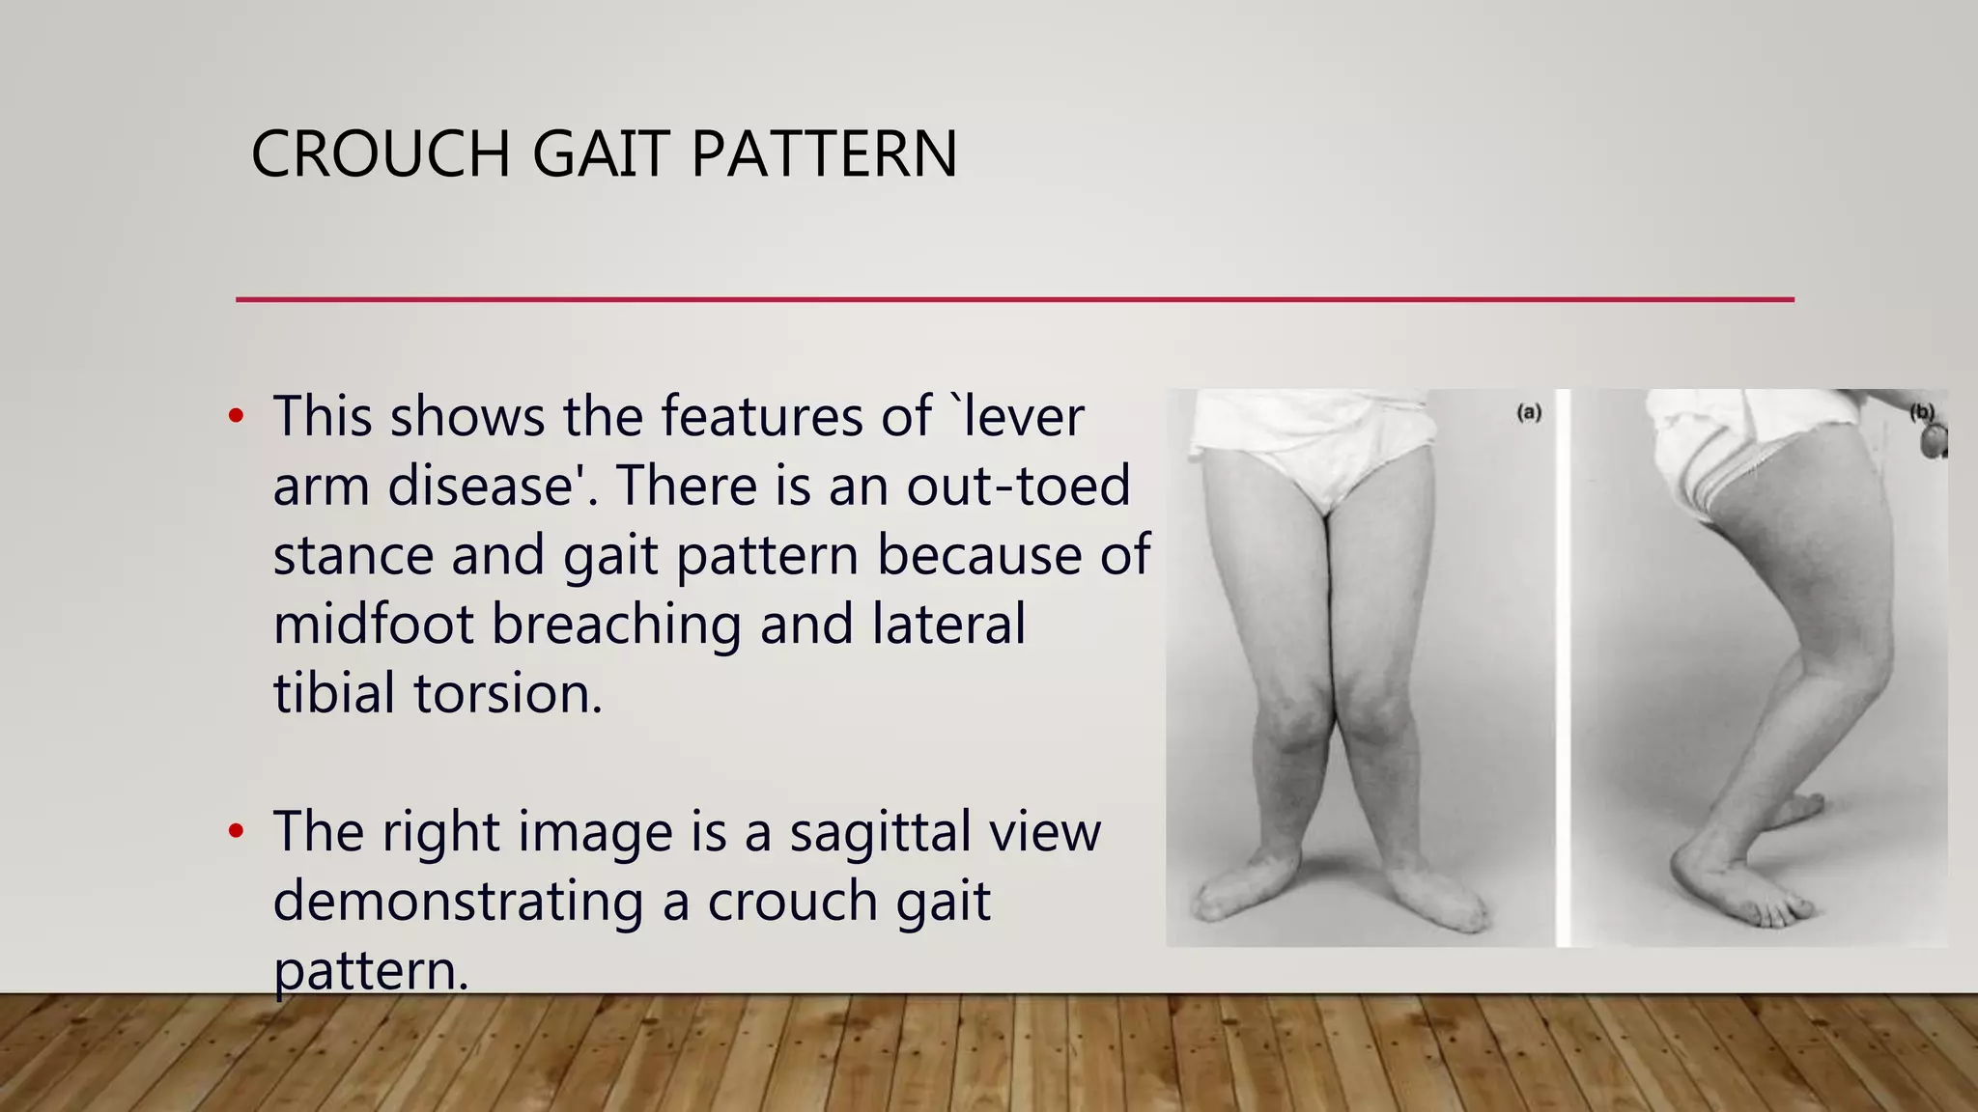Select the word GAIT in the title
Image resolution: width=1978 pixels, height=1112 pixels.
(x=600, y=154)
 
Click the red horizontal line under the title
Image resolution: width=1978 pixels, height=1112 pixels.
(x=1014, y=299)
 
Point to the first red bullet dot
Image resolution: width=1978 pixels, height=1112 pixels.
(x=236, y=417)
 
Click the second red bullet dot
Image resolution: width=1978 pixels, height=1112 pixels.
(x=236, y=832)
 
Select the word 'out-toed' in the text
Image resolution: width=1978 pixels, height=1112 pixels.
(x=1018, y=485)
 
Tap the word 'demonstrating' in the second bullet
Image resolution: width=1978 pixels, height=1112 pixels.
(x=458, y=902)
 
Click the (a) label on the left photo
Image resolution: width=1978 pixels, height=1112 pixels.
(x=1529, y=413)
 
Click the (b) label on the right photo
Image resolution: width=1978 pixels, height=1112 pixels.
(x=1921, y=413)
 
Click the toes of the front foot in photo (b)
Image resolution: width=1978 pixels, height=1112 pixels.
(x=1787, y=912)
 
